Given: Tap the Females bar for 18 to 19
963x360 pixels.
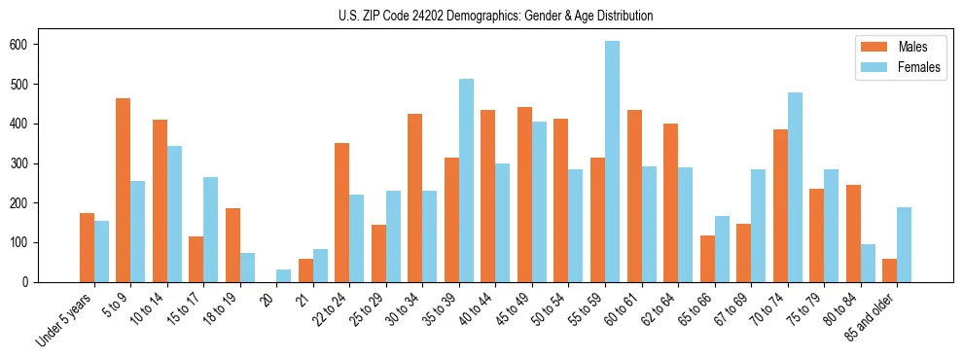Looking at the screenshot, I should (247, 268).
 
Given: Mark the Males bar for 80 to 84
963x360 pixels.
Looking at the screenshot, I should (853, 234).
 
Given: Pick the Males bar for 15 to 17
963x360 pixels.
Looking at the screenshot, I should (196, 259).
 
